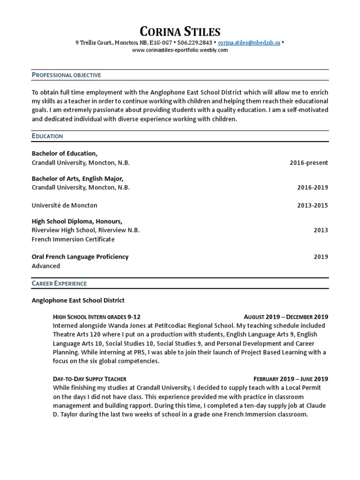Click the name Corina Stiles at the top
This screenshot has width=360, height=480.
(180, 32)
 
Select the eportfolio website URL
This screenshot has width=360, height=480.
(180, 50)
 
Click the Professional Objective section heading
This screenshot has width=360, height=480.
(66, 75)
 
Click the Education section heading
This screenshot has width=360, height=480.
(47, 136)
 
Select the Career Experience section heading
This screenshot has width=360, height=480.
(59, 283)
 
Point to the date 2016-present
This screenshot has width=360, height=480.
(309, 163)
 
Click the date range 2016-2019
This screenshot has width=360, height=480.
(313, 187)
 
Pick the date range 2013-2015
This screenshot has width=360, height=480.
(313, 205)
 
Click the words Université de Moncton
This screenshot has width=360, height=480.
(65, 205)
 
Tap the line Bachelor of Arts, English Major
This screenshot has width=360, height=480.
(77, 179)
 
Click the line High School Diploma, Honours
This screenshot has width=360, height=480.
(77, 221)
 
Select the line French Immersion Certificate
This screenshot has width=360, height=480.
(73, 239)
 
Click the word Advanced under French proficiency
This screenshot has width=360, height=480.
(46, 266)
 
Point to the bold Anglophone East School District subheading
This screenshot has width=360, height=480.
(78, 300)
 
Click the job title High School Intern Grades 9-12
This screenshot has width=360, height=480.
(97, 317)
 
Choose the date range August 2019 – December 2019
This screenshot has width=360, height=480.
(286, 317)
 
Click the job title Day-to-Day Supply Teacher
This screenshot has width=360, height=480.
(90, 379)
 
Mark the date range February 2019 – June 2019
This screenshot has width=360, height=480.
(291, 379)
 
